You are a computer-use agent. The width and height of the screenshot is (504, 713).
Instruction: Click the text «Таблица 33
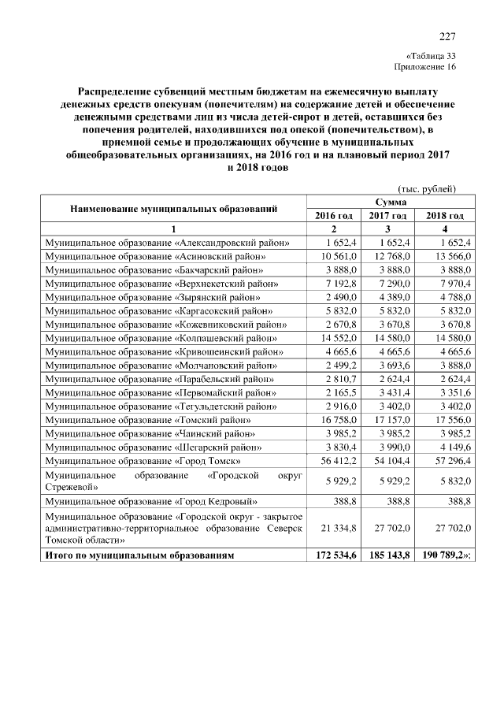pos(430,56)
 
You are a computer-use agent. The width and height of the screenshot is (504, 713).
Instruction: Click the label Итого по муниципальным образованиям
pos(140,555)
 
